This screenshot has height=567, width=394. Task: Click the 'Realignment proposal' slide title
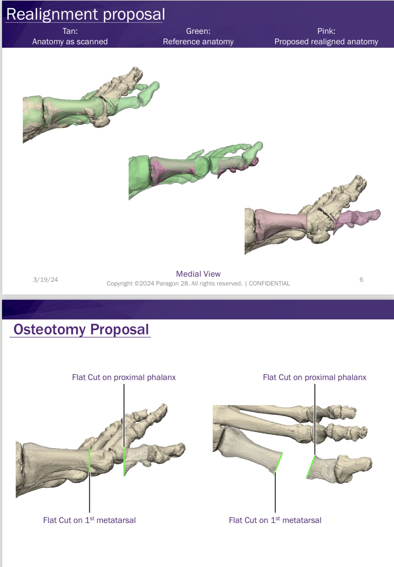pyautogui.click(x=85, y=14)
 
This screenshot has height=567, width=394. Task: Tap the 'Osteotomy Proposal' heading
pyautogui.click(x=81, y=329)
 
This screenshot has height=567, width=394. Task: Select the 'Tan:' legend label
pyautogui.click(x=70, y=31)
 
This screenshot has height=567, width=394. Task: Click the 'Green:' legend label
pyautogui.click(x=198, y=31)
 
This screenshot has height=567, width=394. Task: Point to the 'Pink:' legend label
pyautogui.click(x=326, y=31)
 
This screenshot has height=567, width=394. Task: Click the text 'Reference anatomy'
pyautogui.click(x=198, y=42)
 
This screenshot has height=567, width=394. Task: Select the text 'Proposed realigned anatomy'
pyautogui.click(x=326, y=42)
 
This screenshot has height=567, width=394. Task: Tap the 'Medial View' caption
pyautogui.click(x=198, y=274)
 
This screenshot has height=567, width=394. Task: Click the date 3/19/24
pyautogui.click(x=45, y=279)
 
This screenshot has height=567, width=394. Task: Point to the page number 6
pyautogui.click(x=361, y=279)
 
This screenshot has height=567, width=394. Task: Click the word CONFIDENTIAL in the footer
pyautogui.click(x=269, y=283)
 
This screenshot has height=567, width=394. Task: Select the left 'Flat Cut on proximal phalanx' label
pyautogui.click(x=124, y=377)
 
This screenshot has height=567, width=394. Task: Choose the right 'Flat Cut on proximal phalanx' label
pyautogui.click(x=314, y=377)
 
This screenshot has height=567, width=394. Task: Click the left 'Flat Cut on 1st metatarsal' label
pyautogui.click(x=89, y=520)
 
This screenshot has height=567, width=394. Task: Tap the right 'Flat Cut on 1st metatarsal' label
pyautogui.click(x=275, y=520)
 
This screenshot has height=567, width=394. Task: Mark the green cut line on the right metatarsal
pyautogui.click(x=278, y=462)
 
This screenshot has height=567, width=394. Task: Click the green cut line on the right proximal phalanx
pyautogui.click(x=311, y=467)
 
